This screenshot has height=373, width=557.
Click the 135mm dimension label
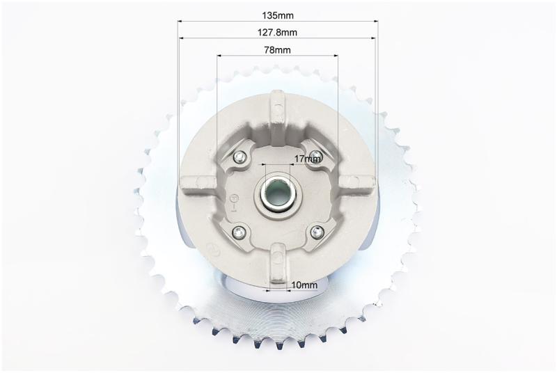(278, 15)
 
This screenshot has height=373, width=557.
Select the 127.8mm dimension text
(277, 32)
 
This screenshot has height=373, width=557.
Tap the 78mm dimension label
(277, 50)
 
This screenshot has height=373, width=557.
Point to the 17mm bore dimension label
(308, 159)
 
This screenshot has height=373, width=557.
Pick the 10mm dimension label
(304, 285)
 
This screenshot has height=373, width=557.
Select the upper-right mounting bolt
(315, 155)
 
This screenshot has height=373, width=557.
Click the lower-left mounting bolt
(239, 232)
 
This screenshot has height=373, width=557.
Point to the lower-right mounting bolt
(317, 232)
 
